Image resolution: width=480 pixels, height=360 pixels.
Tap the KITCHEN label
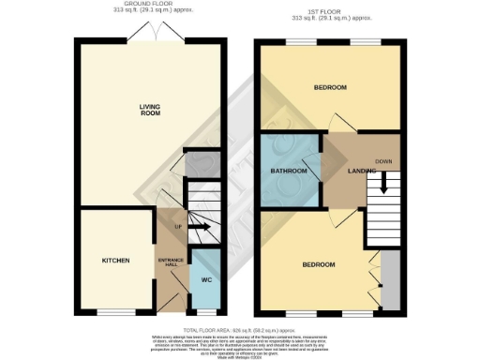pos(114,260)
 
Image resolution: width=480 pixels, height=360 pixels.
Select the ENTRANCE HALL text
pos(170,261)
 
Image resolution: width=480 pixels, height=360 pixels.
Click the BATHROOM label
pos(290,172)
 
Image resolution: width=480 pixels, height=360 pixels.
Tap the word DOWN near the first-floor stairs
pos(383,160)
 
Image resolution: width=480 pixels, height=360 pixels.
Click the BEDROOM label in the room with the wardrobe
pos(319,265)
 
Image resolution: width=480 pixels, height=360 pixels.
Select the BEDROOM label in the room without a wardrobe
pos(330,88)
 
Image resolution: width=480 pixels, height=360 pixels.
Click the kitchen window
pos(112,312)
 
